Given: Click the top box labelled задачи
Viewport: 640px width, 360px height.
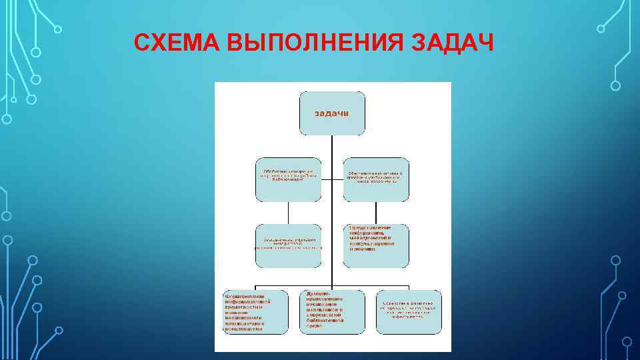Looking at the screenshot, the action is pyautogui.click(x=331, y=113).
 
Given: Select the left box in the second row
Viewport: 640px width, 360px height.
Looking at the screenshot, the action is pyautogui.click(x=288, y=179).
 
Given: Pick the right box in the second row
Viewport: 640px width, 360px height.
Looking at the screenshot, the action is pyautogui.click(x=375, y=179).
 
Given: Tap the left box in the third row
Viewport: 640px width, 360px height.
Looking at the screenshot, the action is pyautogui.click(x=288, y=245).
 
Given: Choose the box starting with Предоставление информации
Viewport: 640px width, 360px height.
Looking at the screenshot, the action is pyautogui.click(x=375, y=245).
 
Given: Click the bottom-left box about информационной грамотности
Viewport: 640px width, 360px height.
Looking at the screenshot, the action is pyautogui.click(x=255, y=311).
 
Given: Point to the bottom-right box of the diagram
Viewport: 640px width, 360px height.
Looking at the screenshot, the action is pyautogui.click(x=408, y=311).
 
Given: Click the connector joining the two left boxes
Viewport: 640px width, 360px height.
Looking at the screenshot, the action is pyautogui.click(x=288, y=213).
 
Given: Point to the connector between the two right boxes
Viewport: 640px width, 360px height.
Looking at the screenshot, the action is pyautogui.click(x=375, y=213).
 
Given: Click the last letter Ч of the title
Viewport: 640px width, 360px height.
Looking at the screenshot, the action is pyautogui.click(x=485, y=43).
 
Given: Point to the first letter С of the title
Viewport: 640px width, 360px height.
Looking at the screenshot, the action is pyautogui.click(x=141, y=43).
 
